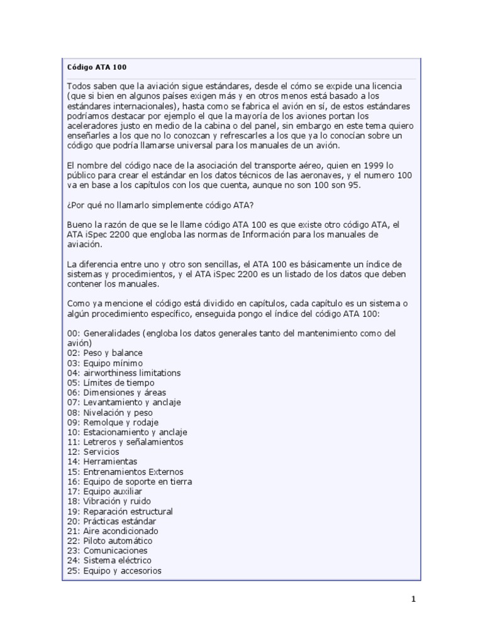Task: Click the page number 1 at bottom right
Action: coord(413,599)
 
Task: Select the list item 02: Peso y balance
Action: coord(105,353)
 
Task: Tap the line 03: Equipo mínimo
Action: coord(105,363)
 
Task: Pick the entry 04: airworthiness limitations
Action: coord(124,373)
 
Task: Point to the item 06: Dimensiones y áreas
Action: coord(116,392)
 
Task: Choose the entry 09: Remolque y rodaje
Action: coord(113,422)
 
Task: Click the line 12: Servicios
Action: coord(93,452)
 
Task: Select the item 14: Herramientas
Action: coord(102,462)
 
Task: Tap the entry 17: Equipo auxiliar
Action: coord(104,491)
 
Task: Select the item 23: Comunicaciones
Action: coord(107,551)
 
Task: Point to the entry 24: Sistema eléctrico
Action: coord(109,560)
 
